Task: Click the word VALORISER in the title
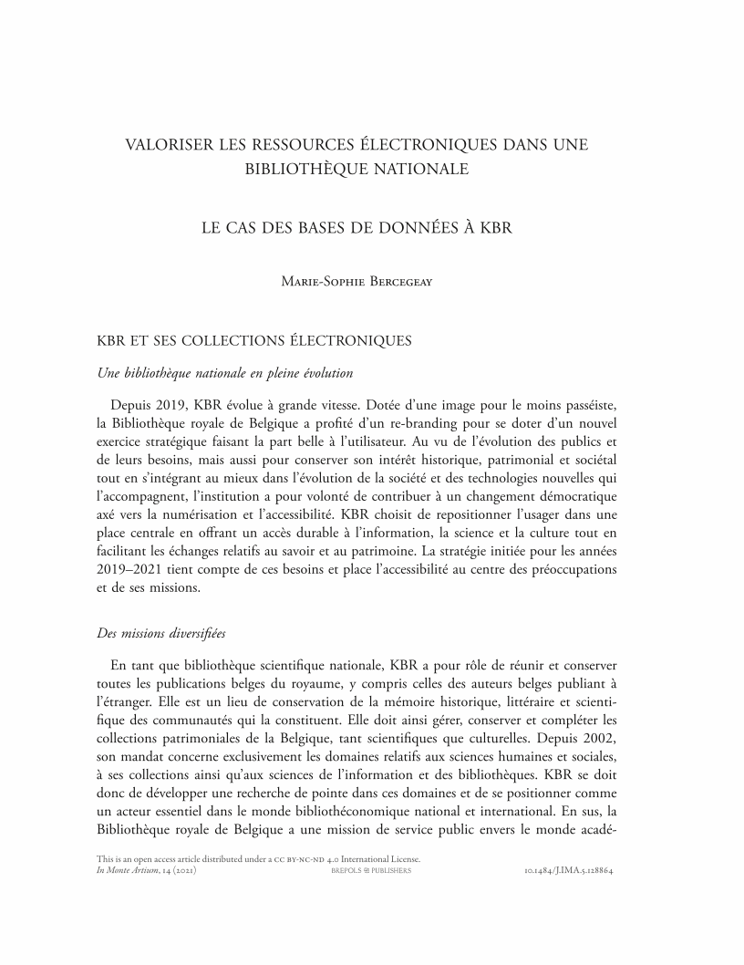point(168,144)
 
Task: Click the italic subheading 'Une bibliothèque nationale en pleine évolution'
point(225,372)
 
